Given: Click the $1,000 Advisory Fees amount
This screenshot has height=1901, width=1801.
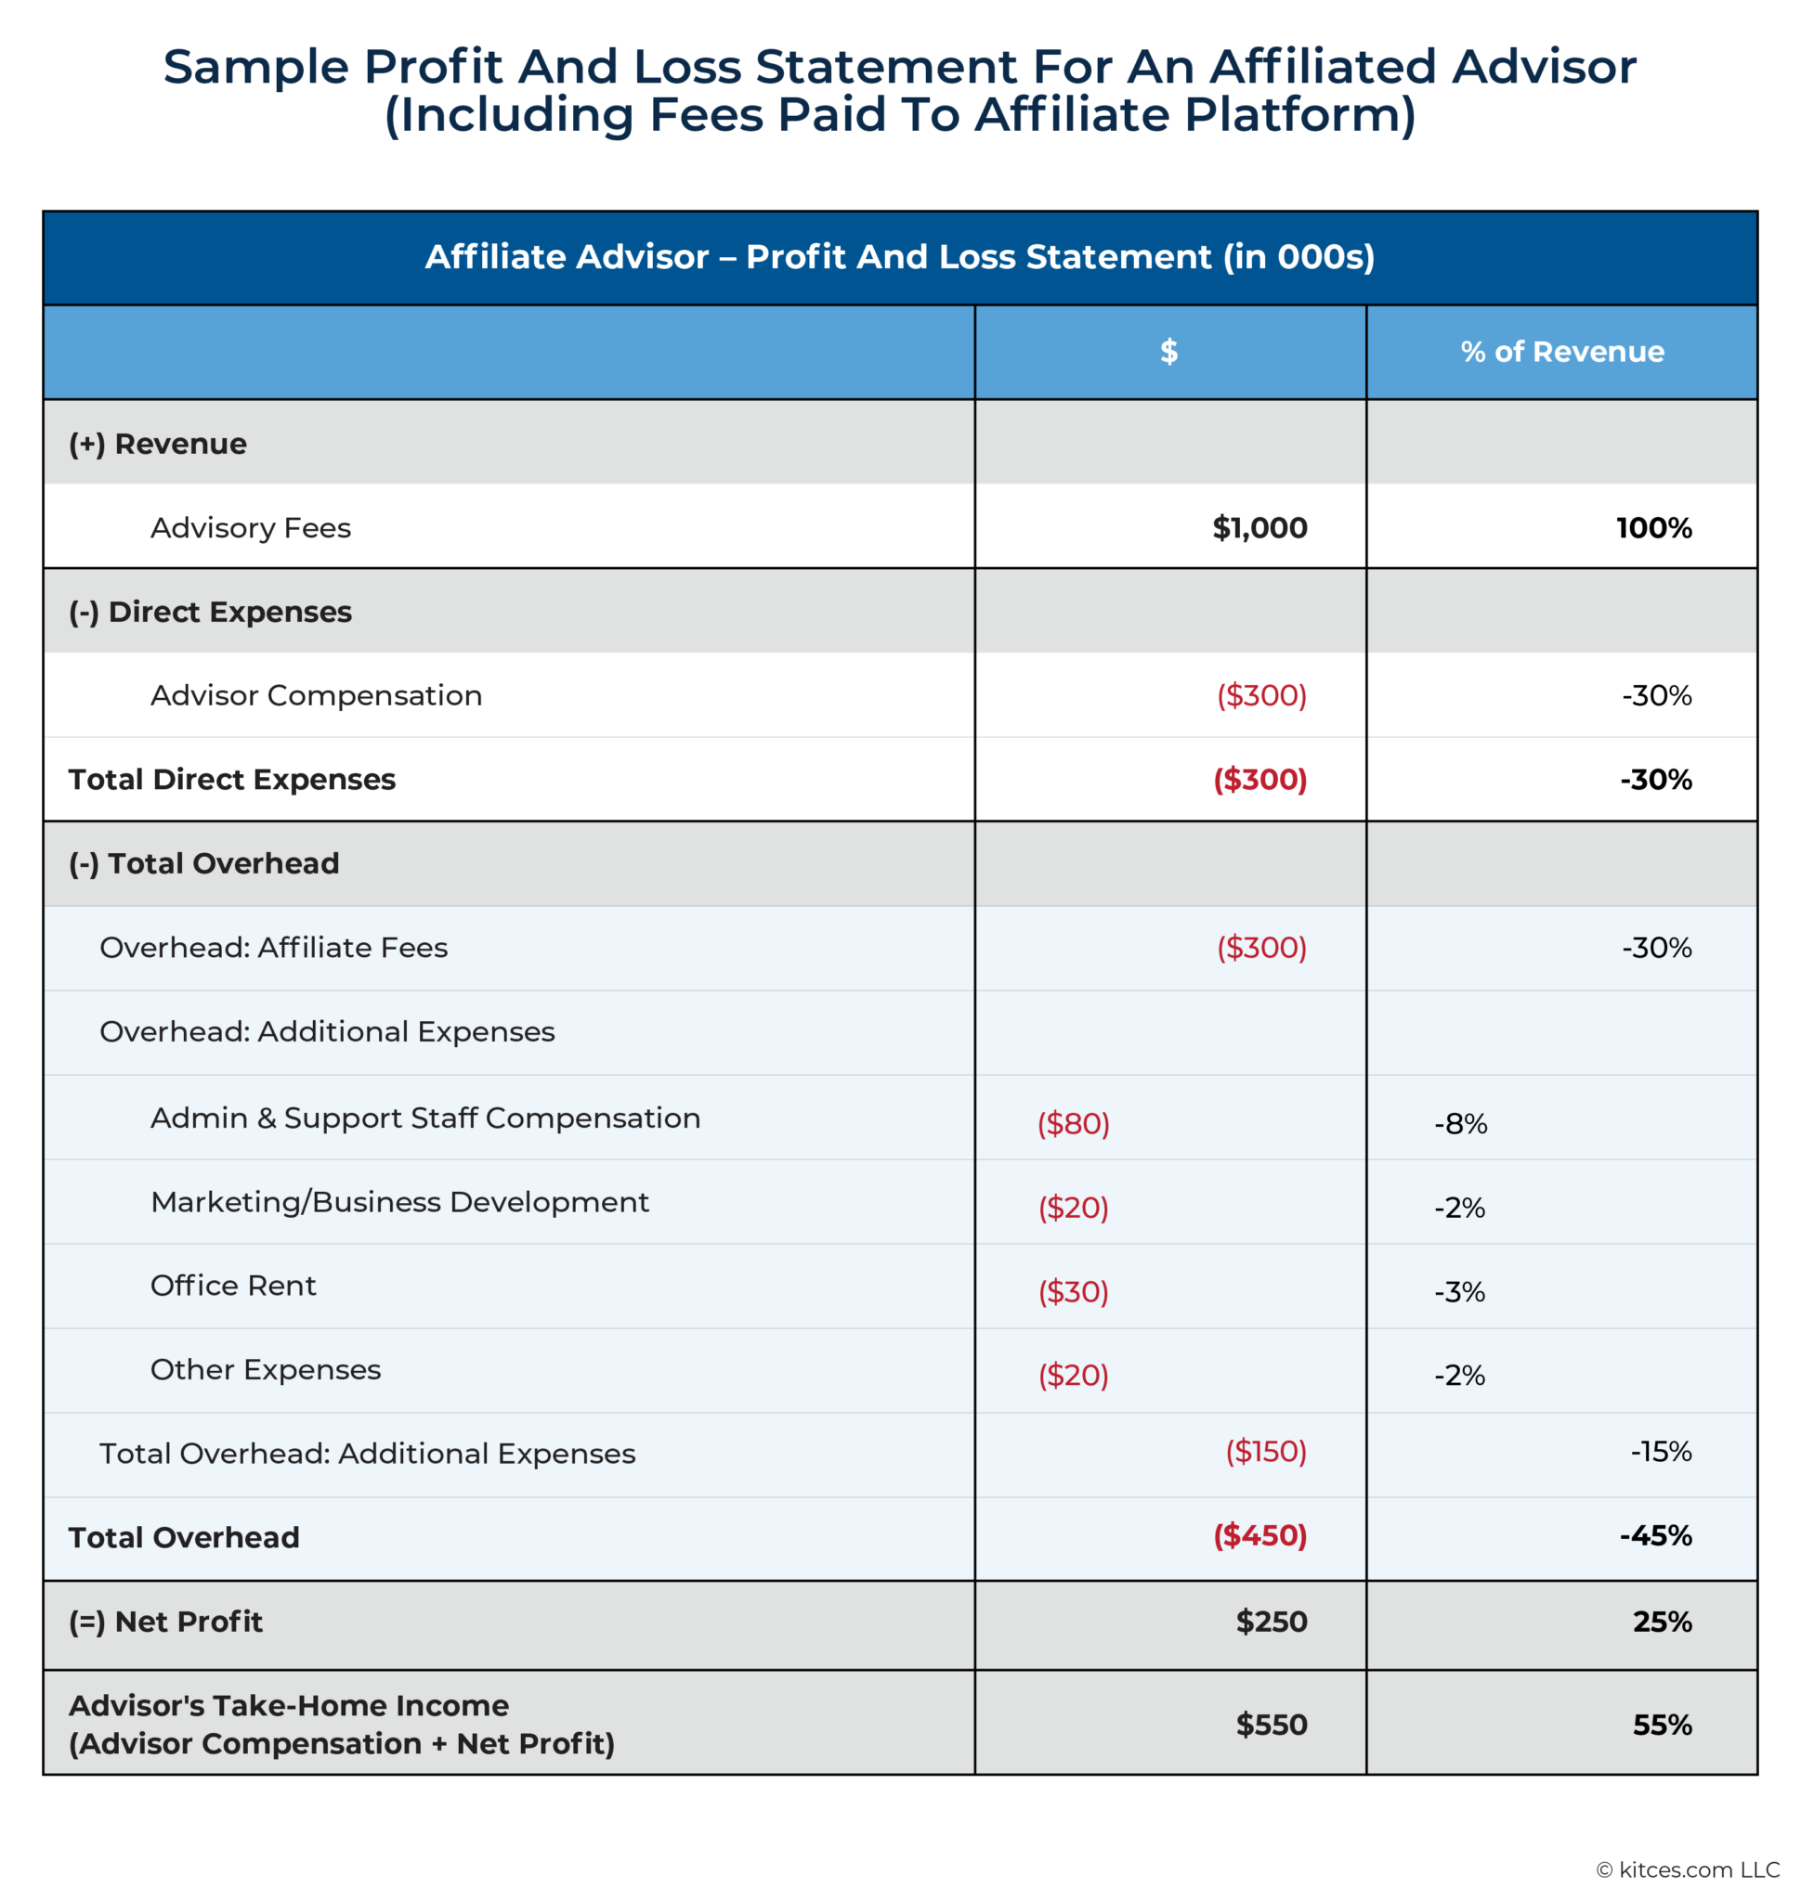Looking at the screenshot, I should [x=1259, y=528].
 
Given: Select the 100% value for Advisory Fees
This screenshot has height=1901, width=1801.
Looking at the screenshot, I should [x=1653, y=528].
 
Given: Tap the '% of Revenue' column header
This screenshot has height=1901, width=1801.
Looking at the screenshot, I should [x=1562, y=352].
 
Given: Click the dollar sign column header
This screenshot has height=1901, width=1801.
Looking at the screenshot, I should [x=1168, y=352].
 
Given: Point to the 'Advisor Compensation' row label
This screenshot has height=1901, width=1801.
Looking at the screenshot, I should [x=316, y=696].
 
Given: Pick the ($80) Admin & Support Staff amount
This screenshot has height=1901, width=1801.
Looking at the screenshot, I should [x=1074, y=1124].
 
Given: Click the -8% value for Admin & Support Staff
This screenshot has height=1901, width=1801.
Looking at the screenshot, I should [x=1460, y=1124].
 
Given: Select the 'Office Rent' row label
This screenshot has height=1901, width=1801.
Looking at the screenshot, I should [x=233, y=1286].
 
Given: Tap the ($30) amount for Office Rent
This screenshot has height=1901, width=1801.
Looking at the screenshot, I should [x=1074, y=1292].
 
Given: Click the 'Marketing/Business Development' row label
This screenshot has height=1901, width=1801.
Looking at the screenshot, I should [x=399, y=1202].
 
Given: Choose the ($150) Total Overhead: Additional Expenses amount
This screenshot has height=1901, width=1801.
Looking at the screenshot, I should [x=1265, y=1451].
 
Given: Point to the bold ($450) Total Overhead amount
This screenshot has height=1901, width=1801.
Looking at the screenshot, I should [x=1259, y=1535].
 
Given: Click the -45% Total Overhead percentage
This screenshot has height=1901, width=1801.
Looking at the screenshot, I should [x=1655, y=1535].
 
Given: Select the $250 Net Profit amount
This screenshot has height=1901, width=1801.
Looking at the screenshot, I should [x=1271, y=1622].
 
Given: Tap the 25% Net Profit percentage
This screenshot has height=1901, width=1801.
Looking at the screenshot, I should [x=1662, y=1622].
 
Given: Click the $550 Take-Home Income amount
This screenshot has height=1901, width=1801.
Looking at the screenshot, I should [x=1271, y=1726].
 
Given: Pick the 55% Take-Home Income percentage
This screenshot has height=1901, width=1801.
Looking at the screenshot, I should [x=1662, y=1726].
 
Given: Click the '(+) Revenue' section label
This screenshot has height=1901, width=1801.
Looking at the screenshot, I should [x=158, y=445].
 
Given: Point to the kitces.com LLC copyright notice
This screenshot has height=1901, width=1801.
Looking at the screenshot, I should [x=1688, y=1869].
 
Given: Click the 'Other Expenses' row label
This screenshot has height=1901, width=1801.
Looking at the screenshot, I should [x=266, y=1370].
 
